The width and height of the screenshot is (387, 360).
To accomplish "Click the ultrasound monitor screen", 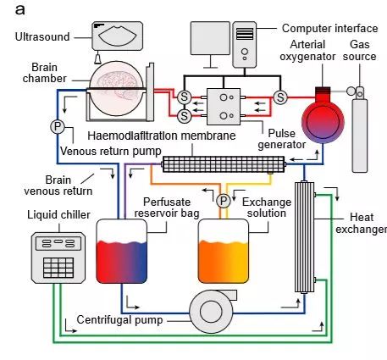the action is point(117,36).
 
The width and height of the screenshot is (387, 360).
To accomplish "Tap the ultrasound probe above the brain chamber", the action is point(98,58).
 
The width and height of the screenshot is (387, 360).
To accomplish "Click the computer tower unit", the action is point(245,45).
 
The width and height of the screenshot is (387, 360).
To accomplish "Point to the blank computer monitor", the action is point(210,38).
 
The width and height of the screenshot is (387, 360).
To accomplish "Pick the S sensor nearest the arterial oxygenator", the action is point(280,97).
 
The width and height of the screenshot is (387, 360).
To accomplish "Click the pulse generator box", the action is point(224,107).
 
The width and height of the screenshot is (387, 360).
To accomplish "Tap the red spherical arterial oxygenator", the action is point(323,121).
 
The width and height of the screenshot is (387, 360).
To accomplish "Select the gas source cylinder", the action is point(360,130).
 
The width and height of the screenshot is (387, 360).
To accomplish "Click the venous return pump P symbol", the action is point(58,126).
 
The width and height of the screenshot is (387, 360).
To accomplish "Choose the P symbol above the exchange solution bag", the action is point(224,201).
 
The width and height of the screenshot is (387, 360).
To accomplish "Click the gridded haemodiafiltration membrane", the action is point(224,164).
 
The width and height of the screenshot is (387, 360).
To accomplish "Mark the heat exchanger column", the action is point(304,237).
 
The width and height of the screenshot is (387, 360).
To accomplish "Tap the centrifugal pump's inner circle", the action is point(211,312).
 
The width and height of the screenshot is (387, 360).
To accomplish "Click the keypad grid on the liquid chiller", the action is point(58,268).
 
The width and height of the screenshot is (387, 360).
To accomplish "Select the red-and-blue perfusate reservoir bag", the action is point(122,251).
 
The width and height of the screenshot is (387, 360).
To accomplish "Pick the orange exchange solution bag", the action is point(224,251).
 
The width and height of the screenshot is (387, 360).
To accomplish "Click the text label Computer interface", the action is point(329,28).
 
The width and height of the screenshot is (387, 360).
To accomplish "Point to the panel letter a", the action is point(19,10).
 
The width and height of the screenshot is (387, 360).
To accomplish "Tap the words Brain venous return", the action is point(58,186).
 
